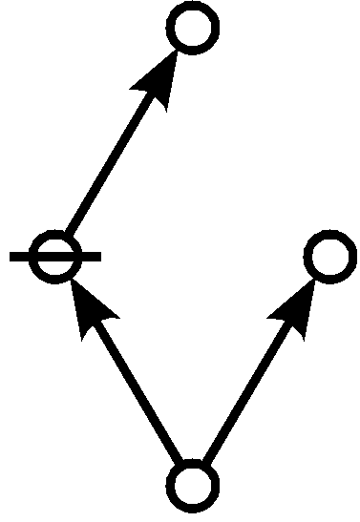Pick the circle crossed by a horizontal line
(55, 257)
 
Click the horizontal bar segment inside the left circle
(55, 257)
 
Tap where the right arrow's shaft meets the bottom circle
(206, 465)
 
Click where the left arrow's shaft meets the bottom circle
(181, 465)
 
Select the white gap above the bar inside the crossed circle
(55, 245)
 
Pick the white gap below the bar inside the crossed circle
(55, 268)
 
